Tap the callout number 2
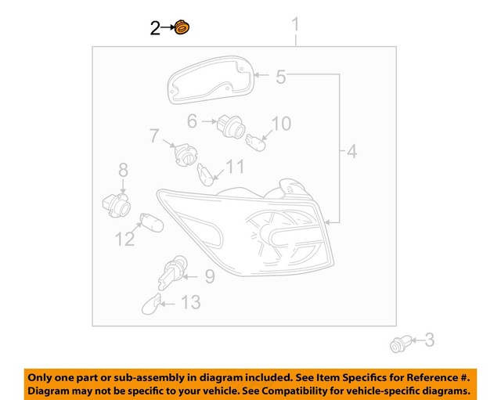(156, 29)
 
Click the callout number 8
(209, 276)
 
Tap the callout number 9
(281, 123)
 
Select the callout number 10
(236, 166)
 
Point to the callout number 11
(125, 239)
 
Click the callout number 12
(190, 301)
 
